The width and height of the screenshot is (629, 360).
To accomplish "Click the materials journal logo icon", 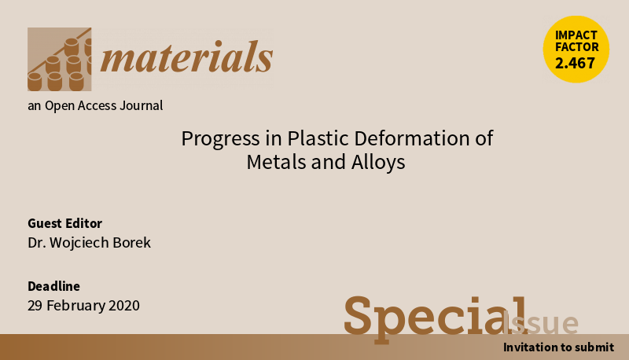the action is (60, 59).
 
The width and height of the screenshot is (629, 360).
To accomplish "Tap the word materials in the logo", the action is (186, 57).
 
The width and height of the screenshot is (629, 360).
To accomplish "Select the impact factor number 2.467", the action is (575, 63).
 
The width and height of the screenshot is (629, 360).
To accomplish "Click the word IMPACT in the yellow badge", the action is (576, 35).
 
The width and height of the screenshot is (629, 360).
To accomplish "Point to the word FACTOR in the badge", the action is (577, 47).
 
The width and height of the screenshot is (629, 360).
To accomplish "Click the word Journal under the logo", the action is (142, 105).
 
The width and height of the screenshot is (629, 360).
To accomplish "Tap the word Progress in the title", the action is (220, 138).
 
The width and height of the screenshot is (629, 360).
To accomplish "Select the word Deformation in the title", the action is (411, 138).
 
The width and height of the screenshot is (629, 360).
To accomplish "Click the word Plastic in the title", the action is (318, 138).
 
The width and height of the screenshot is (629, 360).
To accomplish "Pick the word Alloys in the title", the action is (378, 163).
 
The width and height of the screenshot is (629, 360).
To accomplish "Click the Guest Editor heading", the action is (64, 223).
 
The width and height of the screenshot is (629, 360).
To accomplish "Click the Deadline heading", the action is (53, 286).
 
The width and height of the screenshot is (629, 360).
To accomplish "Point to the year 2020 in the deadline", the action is (124, 306).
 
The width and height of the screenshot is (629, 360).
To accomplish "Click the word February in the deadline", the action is (75, 306).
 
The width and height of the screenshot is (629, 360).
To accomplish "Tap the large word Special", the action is (436, 318).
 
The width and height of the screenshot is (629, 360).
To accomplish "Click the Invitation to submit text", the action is (558, 347).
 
